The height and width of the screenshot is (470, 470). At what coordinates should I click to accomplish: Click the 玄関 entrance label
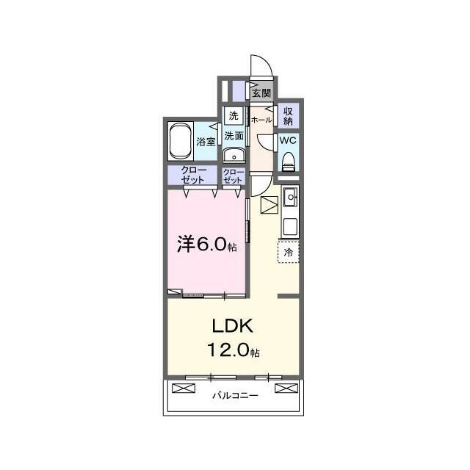click(x=261, y=93)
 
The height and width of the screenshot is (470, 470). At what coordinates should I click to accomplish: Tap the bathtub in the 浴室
click(x=181, y=142)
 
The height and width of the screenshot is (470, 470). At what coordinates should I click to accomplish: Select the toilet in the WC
click(x=289, y=162)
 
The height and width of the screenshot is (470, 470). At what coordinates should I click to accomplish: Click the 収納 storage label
click(x=288, y=117)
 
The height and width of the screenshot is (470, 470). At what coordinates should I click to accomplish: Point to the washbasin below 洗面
click(x=234, y=156)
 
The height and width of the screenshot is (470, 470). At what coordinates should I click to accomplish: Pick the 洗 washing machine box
click(x=234, y=115)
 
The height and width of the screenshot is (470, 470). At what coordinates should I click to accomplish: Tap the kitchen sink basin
click(x=290, y=197)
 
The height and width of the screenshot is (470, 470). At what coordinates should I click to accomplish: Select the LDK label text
click(x=233, y=326)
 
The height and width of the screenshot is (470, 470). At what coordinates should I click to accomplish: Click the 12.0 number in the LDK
click(x=228, y=350)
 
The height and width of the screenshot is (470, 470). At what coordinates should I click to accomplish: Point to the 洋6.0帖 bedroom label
click(x=207, y=244)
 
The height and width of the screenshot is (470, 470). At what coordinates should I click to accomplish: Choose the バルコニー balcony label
click(x=235, y=396)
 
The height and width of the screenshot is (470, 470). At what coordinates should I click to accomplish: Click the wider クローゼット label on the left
click(x=193, y=175)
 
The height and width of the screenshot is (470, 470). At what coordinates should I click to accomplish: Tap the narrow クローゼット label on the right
click(x=233, y=176)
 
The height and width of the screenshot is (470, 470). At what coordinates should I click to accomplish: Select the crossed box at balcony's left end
click(x=184, y=388)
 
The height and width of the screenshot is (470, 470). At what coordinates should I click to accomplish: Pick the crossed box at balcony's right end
click(x=286, y=388)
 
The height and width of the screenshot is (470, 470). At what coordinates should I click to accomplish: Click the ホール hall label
click(x=261, y=120)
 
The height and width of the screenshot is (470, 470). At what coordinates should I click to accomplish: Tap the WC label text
click(x=288, y=140)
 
